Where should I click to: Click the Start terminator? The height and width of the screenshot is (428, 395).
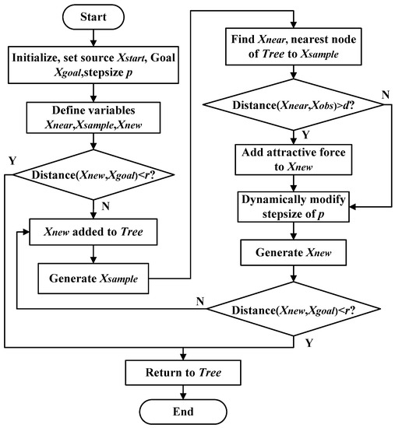point(93,15)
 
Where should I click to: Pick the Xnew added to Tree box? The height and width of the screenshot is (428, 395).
point(93,232)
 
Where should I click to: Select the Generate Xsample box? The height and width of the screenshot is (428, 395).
point(93,275)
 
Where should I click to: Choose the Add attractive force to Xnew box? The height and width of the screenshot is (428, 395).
point(292,159)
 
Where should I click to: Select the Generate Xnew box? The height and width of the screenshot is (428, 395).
point(292,254)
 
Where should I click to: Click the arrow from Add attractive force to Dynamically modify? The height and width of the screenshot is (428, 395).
point(292,182)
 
